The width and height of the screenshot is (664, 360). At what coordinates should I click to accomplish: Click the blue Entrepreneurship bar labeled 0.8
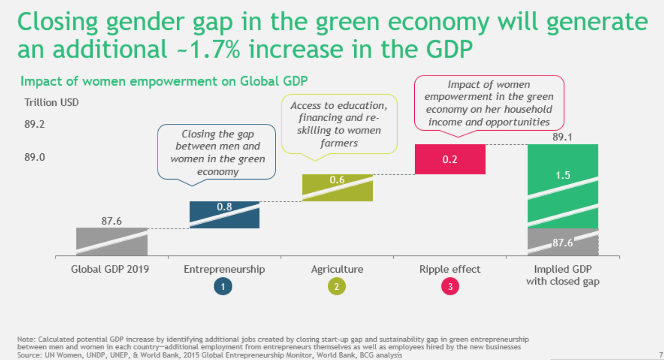(x=224, y=215)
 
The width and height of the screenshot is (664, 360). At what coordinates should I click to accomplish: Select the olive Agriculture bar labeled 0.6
(x=337, y=188)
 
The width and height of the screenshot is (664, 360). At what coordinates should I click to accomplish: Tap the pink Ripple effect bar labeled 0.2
(x=450, y=159)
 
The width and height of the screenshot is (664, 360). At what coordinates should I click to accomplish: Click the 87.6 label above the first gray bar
(x=112, y=221)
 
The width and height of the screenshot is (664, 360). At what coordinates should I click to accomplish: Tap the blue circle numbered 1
(x=224, y=287)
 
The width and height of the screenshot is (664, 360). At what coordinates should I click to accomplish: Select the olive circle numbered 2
(x=337, y=287)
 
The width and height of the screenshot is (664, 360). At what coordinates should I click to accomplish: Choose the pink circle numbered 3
(x=449, y=287)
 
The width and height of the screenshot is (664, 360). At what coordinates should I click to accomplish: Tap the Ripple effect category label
(x=449, y=269)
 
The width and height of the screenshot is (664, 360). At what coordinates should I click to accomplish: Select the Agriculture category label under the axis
(x=337, y=269)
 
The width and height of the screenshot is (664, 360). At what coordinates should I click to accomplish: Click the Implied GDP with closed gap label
(x=562, y=275)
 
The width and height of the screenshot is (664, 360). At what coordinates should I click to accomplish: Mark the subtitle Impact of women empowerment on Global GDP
(x=164, y=81)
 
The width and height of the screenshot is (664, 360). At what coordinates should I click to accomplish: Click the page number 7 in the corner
(x=661, y=354)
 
